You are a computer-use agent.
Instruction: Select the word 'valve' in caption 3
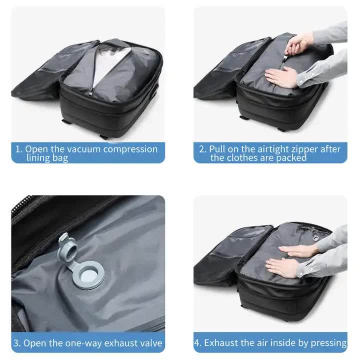149,343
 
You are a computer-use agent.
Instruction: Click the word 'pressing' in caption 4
328,343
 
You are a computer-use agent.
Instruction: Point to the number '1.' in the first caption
18,149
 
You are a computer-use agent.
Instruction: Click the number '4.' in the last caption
198,343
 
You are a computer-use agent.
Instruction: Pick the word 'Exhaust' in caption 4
221,343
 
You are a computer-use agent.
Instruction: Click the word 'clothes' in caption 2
244,158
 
